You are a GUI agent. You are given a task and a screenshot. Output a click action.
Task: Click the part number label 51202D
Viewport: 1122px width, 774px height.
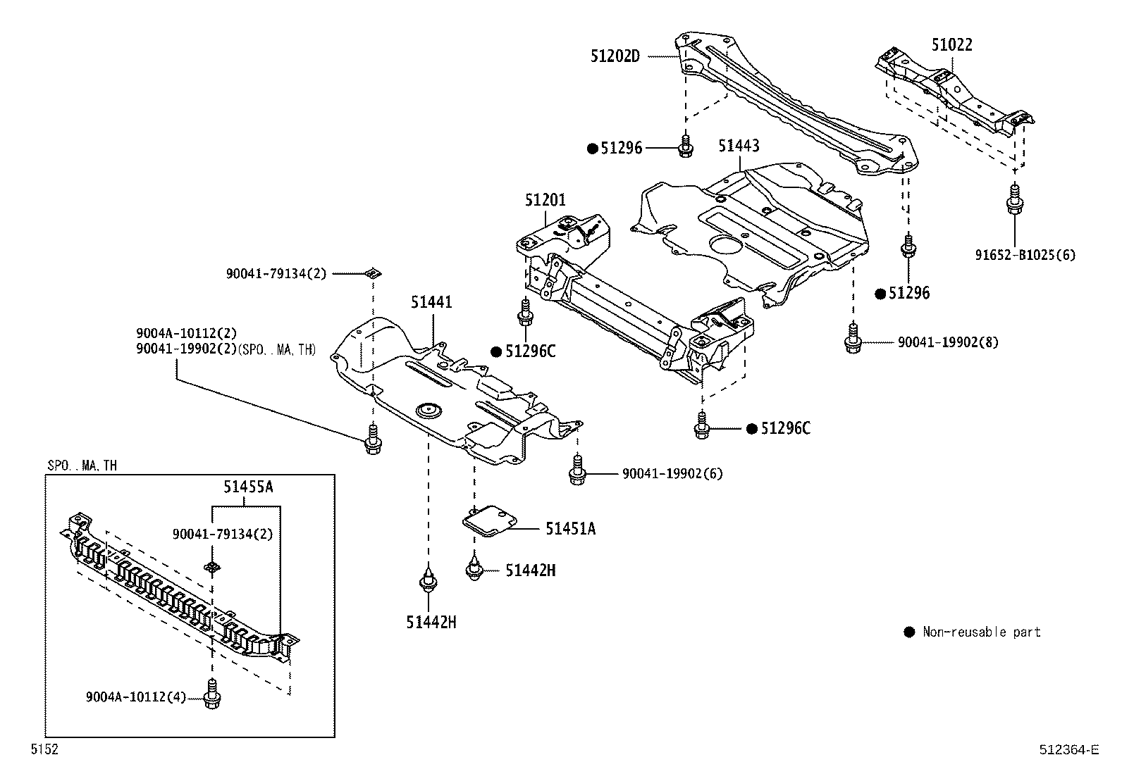(615, 56)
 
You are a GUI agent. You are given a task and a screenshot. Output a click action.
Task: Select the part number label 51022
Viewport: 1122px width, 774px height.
(951, 45)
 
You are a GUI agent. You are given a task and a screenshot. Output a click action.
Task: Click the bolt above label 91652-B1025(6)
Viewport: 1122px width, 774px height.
(1014, 199)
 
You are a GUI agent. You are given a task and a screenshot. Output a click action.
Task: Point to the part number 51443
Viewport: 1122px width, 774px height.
(739, 146)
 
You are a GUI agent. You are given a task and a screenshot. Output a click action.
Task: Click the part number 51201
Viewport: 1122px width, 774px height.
(545, 200)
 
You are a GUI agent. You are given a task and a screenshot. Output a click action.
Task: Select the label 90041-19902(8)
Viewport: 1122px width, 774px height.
(948, 343)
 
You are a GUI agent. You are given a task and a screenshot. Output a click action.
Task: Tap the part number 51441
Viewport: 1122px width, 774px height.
(432, 303)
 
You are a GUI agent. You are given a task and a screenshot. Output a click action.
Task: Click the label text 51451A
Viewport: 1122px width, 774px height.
(569, 528)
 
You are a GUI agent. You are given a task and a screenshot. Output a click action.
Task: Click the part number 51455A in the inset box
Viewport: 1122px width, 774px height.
(247, 486)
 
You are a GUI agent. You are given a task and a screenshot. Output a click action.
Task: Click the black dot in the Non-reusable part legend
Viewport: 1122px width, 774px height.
(909, 632)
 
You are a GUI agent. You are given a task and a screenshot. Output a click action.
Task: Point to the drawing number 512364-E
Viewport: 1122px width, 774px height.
(1068, 750)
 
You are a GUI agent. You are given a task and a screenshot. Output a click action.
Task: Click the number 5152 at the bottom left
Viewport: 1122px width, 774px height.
(44, 750)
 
